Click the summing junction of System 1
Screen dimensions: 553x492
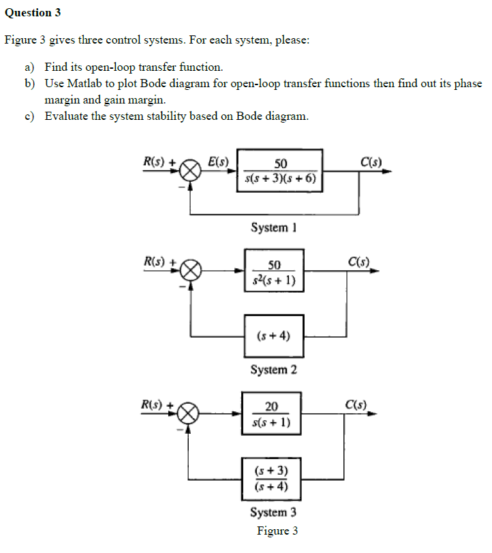[x=191, y=172]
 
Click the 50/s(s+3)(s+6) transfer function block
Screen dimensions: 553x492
[x=280, y=171]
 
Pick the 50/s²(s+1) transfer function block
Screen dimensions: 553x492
[x=274, y=271]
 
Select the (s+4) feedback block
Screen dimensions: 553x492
[x=274, y=334]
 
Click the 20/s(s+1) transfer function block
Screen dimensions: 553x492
[x=271, y=414]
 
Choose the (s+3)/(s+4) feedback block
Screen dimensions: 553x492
[x=271, y=478]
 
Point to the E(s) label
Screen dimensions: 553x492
[x=218, y=162]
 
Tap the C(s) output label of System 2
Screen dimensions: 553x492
[x=358, y=262]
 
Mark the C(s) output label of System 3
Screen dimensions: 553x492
[x=356, y=404]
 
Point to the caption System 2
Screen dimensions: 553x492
[x=273, y=370]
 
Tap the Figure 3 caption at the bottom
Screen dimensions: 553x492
[x=277, y=531]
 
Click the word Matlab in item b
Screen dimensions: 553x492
[x=84, y=83]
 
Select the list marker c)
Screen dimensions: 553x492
[x=29, y=116]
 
